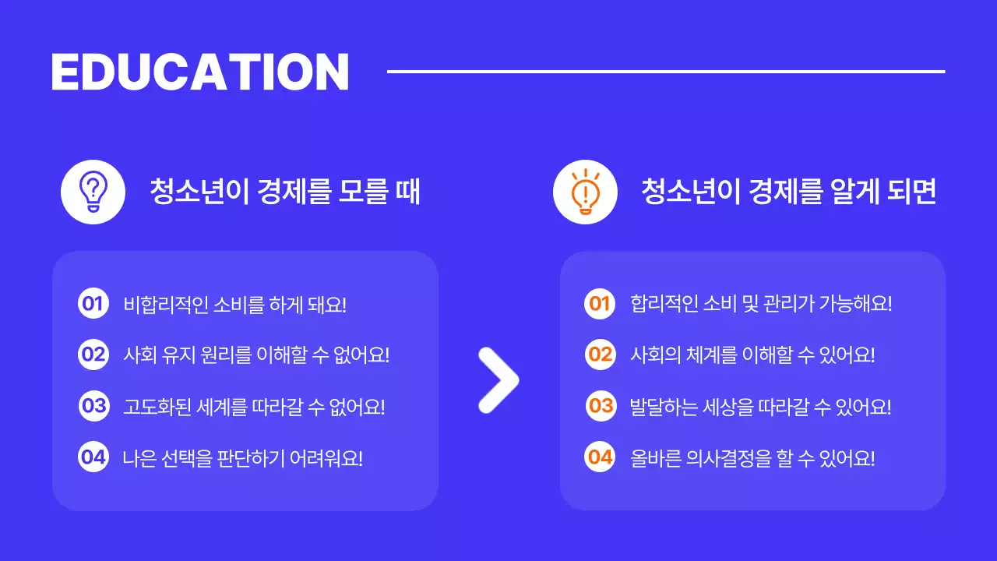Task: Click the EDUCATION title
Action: [199, 72]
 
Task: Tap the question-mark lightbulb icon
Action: [93, 192]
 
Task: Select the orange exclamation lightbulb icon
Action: [584, 192]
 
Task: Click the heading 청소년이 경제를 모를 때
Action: [285, 192]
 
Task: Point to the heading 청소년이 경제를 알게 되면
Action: [788, 192]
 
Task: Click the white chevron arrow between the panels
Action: [498, 380]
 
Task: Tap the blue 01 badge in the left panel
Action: [93, 303]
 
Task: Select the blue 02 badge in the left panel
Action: [93, 355]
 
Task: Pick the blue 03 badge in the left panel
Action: [94, 406]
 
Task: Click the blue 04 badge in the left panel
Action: [93, 457]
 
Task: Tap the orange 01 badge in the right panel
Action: [600, 303]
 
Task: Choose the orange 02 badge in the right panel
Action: [601, 355]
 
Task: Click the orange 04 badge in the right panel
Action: [600, 457]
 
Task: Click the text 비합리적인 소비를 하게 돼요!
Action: [234, 304]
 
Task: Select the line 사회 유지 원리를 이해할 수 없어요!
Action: [256, 355]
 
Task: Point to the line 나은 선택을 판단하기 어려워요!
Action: [243, 457]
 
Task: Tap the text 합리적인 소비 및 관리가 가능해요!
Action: [761, 304]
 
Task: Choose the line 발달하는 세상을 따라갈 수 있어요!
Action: [760, 407]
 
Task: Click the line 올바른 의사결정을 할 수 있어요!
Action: [752, 457]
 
